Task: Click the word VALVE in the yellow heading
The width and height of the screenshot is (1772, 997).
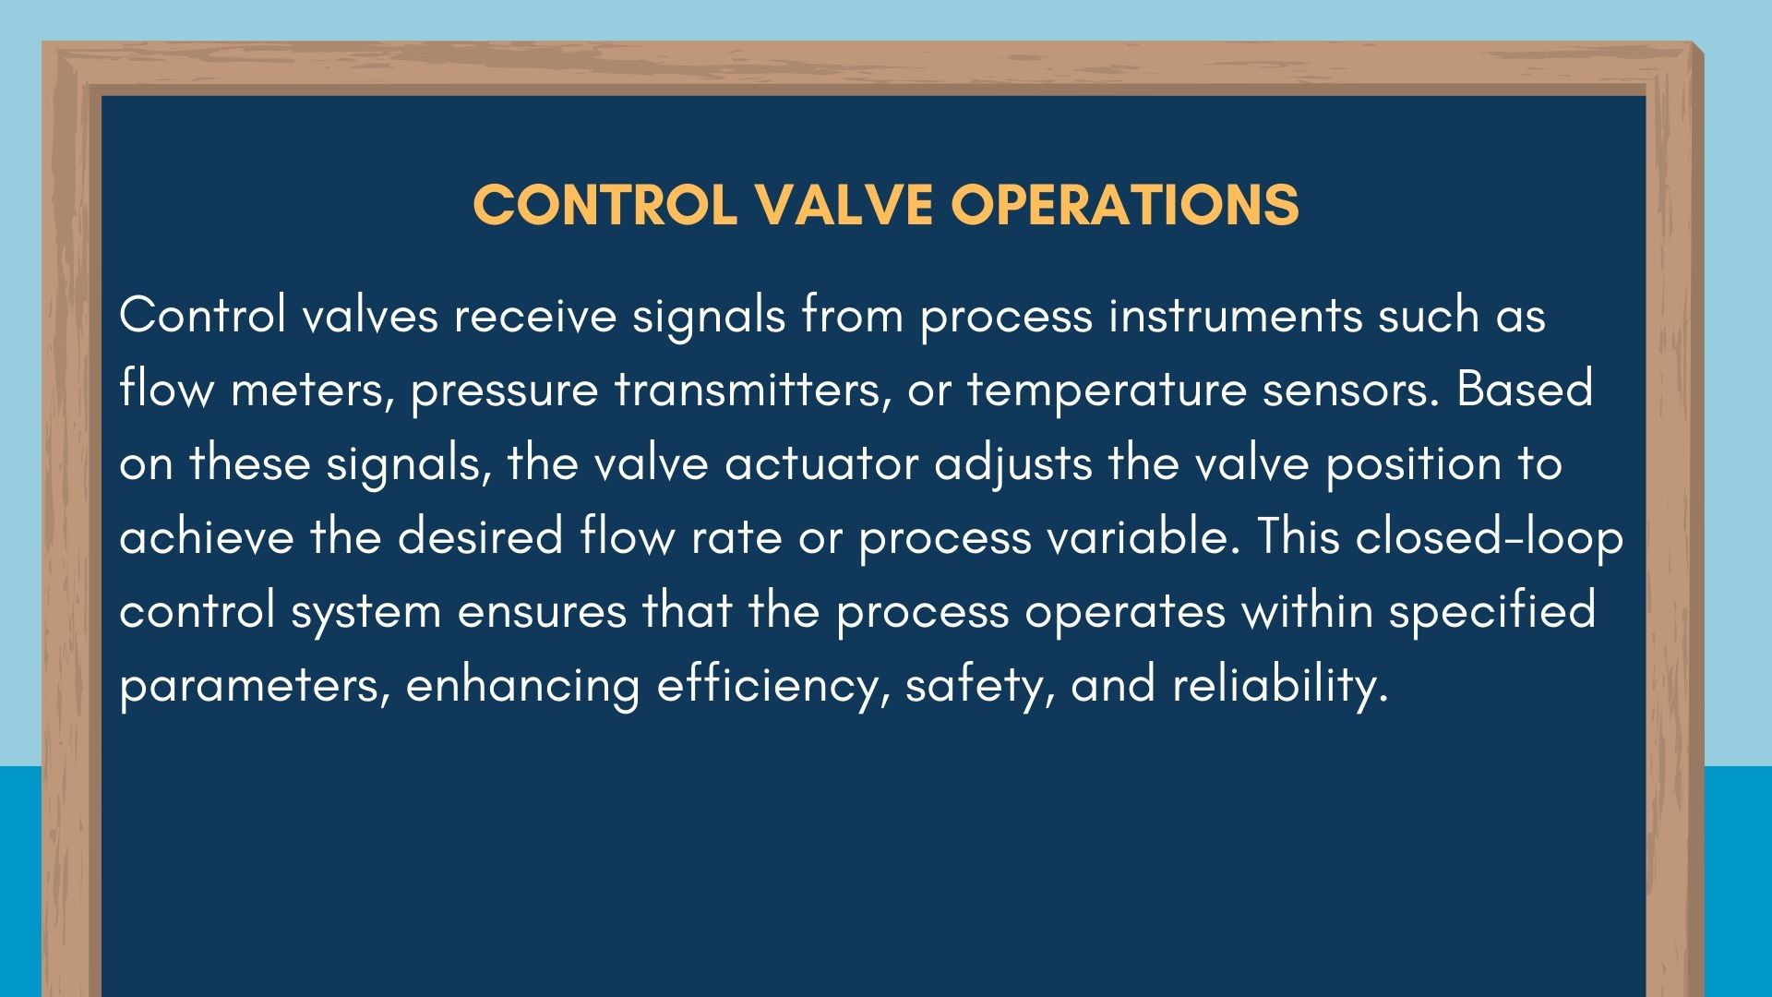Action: pyautogui.click(x=844, y=204)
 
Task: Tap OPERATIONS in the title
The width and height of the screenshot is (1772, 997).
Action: pyautogui.click(x=1125, y=204)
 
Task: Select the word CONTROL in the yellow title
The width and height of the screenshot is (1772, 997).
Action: pyautogui.click(x=605, y=204)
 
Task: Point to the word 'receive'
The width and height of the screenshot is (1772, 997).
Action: pyautogui.click(x=534, y=316)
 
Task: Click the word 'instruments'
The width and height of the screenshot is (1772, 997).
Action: pyautogui.click(x=1235, y=316)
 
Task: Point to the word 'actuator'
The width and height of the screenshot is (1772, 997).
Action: pyautogui.click(x=821, y=464)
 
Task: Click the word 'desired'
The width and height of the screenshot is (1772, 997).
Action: pyautogui.click(x=480, y=536)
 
